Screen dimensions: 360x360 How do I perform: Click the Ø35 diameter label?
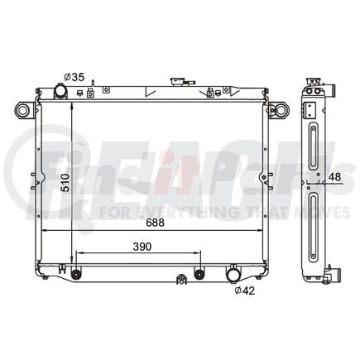[75, 78]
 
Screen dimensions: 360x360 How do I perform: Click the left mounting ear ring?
[22, 109]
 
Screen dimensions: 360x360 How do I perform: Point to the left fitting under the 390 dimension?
[76, 274]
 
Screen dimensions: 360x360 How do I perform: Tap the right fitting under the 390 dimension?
[199, 274]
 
